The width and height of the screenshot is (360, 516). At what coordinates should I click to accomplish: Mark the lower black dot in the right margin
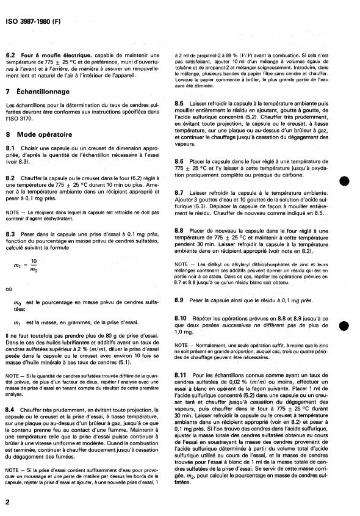(344, 325)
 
